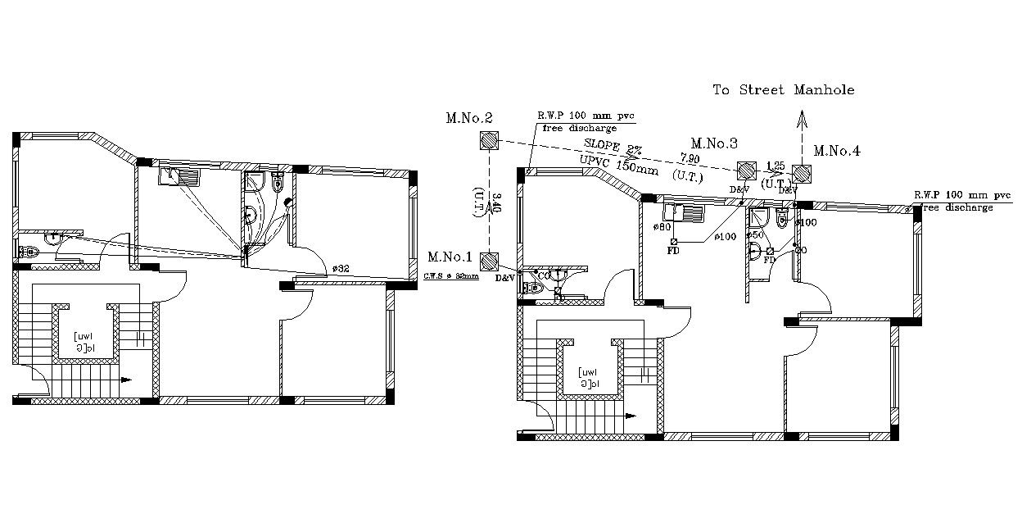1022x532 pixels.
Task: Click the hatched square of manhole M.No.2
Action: pos(489,141)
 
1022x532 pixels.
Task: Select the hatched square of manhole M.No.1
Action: pos(489,261)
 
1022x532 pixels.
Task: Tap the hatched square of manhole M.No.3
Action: pos(746,171)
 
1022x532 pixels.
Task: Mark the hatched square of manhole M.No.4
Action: pos(801,173)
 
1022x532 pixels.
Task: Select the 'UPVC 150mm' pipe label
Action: pos(618,164)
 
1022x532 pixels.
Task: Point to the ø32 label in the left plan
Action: pos(340,268)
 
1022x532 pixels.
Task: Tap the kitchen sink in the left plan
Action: pos(180,175)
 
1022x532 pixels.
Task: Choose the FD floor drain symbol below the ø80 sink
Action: pos(673,242)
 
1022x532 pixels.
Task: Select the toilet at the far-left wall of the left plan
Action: pos(27,252)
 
